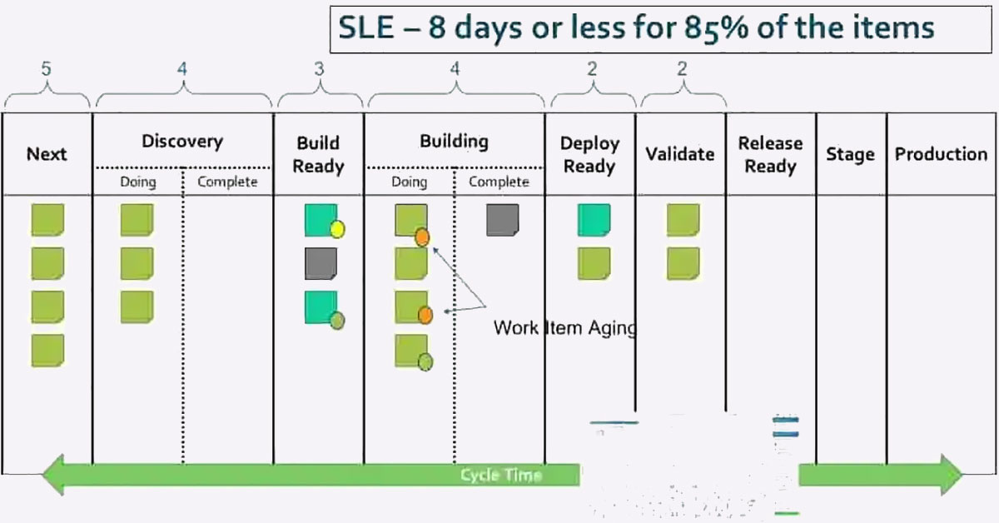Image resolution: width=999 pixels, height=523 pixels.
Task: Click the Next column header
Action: tap(47, 154)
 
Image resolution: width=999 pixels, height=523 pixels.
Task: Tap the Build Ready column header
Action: tap(318, 154)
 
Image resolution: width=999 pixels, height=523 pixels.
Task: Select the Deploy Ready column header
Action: tap(589, 154)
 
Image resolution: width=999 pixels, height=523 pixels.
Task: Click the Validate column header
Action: tap(680, 154)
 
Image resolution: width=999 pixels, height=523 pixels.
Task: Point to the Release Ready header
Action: tap(771, 154)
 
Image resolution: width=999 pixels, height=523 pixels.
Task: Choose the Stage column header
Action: tap(851, 154)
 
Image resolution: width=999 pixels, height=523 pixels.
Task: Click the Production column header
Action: tap(941, 154)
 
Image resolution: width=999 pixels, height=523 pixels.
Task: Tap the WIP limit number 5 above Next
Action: tap(47, 69)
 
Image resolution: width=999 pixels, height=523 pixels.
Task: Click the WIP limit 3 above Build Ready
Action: tap(319, 69)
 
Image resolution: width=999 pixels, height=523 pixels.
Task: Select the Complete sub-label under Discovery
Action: tap(227, 182)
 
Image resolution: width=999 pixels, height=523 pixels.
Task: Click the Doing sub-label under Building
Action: tap(409, 182)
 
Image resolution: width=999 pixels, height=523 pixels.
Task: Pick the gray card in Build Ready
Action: tap(321, 264)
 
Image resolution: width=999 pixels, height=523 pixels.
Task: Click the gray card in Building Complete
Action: tap(503, 220)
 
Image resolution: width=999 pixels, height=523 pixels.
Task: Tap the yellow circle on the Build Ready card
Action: tap(338, 229)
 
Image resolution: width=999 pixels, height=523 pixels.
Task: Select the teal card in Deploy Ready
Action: tap(594, 220)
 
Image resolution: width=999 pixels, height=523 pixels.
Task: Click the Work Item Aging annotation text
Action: tap(565, 328)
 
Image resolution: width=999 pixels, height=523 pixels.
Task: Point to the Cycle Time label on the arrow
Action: tap(501, 476)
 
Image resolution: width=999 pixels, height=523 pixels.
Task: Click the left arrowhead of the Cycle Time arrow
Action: tap(53, 475)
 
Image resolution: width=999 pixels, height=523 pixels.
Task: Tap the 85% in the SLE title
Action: tap(716, 27)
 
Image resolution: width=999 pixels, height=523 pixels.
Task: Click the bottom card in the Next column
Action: tap(47, 351)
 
